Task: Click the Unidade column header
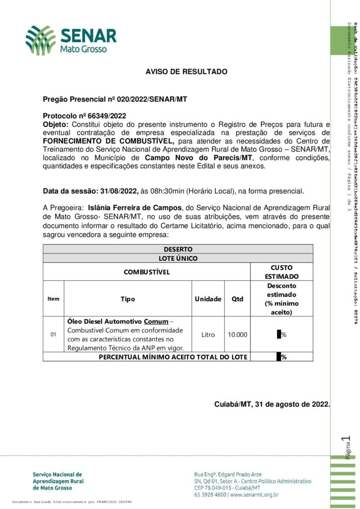pyautogui.click(x=208, y=299)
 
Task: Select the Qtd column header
pyautogui.click(x=238, y=299)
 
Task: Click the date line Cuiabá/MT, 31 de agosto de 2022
pyautogui.click(x=272, y=404)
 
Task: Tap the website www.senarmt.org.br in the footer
pyautogui.click(x=254, y=495)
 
